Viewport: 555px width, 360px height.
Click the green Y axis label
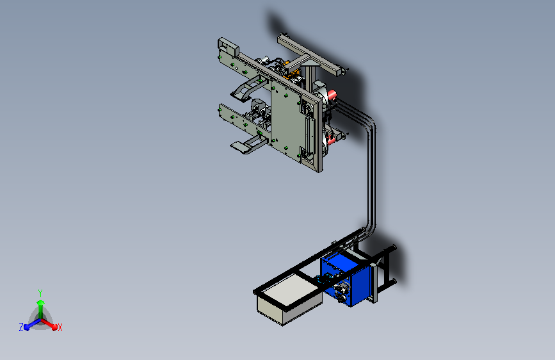point(40,293)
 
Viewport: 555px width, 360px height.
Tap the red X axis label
point(60,327)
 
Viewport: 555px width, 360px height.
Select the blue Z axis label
point(21,327)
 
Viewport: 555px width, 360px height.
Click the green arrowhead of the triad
point(41,303)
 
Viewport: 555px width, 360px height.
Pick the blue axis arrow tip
point(26,326)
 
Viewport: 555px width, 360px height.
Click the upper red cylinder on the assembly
point(332,95)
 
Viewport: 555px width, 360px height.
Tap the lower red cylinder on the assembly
point(332,140)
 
